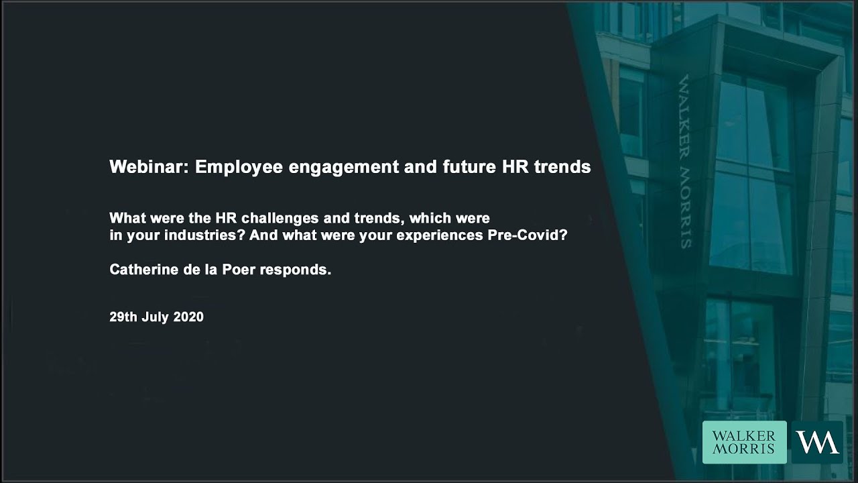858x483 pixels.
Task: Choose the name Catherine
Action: tap(140, 270)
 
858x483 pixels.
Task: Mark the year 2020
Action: tap(188, 317)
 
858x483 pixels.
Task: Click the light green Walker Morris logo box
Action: tap(744, 443)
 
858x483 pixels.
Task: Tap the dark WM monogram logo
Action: tap(817, 443)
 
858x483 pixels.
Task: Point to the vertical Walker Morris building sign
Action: tap(685, 161)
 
